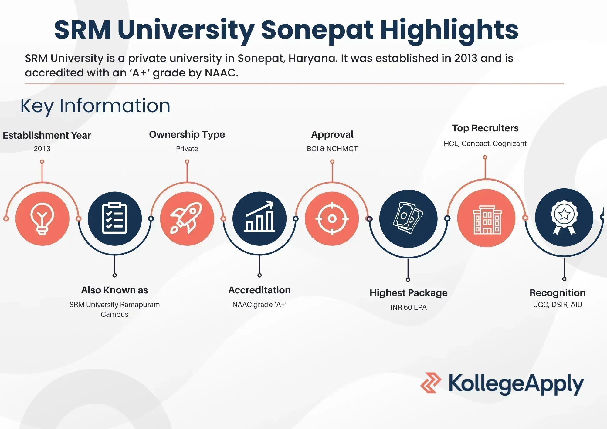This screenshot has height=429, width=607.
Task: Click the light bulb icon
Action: (x=42, y=219)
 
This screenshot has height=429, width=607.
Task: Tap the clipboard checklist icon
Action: (x=114, y=218)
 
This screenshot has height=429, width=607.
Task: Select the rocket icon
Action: (x=186, y=218)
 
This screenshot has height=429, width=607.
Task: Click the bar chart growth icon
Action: (x=259, y=217)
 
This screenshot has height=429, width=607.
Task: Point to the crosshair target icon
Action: (x=332, y=218)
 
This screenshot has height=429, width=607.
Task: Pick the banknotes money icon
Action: (x=408, y=218)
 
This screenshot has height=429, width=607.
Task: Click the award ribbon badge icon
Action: (x=564, y=217)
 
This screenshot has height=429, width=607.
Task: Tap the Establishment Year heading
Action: (x=47, y=135)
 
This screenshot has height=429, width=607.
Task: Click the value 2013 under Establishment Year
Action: (x=42, y=149)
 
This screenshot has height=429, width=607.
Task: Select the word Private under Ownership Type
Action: (x=187, y=149)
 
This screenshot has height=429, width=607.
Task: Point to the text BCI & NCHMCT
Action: (x=332, y=149)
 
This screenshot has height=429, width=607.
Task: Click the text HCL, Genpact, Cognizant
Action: (x=485, y=144)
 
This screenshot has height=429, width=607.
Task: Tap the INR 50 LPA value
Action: (x=409, y=307)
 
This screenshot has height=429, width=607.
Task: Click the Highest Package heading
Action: (x=409, y=293)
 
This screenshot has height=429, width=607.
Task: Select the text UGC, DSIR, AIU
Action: (x=558, y=305)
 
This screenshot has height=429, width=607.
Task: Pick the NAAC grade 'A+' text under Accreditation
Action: (x=259, y=305)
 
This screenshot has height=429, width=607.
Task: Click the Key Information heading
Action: (x=95, y=106)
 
